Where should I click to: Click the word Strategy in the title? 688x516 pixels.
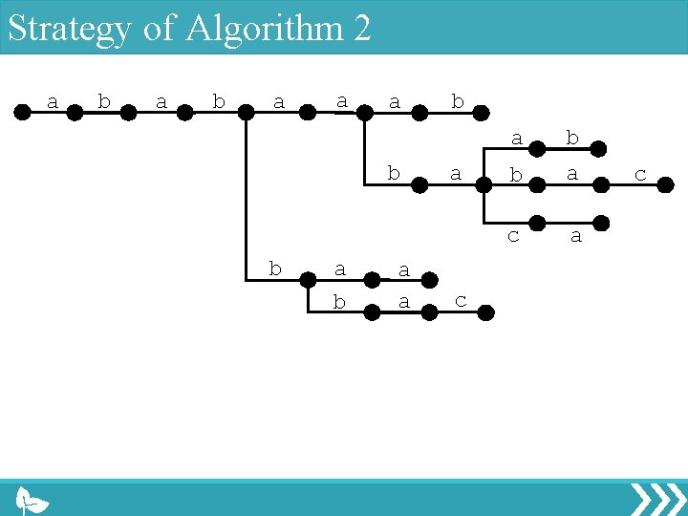[69, 28]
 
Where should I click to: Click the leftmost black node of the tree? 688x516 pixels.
[21, 112]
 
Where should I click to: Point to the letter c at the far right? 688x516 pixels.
[640, 174]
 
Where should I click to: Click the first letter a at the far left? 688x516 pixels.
[53, 100]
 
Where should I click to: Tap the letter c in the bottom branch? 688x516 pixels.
[460, 300]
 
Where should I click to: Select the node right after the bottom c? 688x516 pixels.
[486, 312]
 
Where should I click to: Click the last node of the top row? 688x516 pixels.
[484, 112]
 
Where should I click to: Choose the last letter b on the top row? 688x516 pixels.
[458, 100]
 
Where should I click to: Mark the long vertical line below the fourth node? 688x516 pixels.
[247, 191]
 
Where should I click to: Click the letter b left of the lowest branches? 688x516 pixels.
[275, 269]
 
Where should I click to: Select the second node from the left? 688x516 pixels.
[75, 112]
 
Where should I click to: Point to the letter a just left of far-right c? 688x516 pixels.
[572, 174]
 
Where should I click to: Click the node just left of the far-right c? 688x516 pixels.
[601, 186]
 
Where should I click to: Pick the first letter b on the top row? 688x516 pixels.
[104, 100]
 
